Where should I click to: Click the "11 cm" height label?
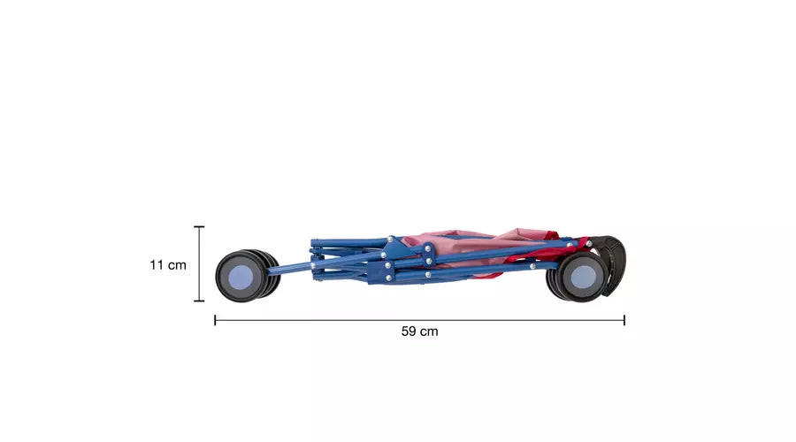[x=167, y=265]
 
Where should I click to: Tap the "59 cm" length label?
[x=419, y=331]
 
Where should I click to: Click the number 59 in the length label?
[x=409, y=331]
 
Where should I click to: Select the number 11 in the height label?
[x=157, y=265]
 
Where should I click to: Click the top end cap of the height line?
[x=199, y=227]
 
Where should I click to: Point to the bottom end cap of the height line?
[x=199, y=301]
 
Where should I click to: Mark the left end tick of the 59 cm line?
[x=215, y=320]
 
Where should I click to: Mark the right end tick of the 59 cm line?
[x=624, y=320]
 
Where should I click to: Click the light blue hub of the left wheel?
[x=241, y=278]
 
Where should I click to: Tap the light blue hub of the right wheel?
[x=584, y=277]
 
